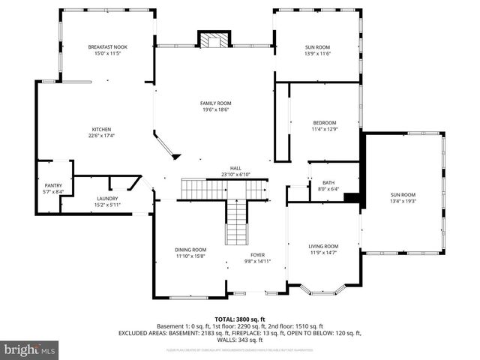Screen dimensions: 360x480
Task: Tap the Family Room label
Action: click(x=215, y=103)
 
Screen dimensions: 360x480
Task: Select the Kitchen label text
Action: click(x=101, y=129)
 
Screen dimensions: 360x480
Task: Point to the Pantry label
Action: click(x=53, y=185)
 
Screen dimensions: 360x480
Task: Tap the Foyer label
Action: click(x=258, y=254)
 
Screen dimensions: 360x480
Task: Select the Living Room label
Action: click(x=324, y=246)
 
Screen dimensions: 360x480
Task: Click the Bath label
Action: click(x=328, y=183)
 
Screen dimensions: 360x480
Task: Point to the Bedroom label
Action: click(x=325, y=123)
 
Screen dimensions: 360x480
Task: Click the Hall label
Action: click(x=235, y=168)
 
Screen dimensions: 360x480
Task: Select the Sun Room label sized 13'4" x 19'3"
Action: click(x=402, y=194)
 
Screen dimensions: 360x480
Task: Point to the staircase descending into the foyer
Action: click(x=237, y=223)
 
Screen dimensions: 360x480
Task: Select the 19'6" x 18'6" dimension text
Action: click(x=215, y=110)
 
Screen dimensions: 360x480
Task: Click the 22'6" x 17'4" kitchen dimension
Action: click(x=101, y=136)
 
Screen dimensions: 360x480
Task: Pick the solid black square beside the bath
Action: click(x=351, y=198)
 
